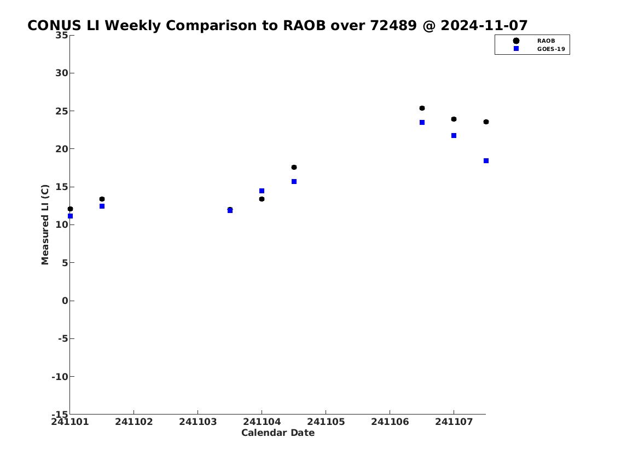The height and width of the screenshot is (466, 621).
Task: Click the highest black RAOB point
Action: (422, 108)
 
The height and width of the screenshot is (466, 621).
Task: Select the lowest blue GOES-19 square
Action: (70, 216)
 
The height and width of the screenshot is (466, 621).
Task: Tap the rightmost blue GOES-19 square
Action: (486, 161)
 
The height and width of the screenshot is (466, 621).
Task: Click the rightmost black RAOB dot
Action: (486, 122)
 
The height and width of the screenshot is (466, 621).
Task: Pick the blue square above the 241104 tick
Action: (262, 191)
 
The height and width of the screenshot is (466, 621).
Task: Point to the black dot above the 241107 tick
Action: (454, 119)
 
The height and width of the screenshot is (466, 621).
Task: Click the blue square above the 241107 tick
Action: (454, 135)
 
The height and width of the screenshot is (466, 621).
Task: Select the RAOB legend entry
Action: (545, 41)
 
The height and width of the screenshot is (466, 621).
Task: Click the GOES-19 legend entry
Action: (551, 49)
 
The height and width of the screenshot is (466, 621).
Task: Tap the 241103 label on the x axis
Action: (198, 422)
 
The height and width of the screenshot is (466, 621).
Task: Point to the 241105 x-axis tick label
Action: (326, 422)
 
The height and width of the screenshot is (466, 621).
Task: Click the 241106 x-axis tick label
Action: (390, 422)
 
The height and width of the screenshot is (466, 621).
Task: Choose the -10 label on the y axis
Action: (60, 376)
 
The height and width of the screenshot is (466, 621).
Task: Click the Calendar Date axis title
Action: (278, 433)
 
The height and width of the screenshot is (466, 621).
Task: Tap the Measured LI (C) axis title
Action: (45, 225)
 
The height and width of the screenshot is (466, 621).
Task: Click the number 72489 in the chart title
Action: (393, 25)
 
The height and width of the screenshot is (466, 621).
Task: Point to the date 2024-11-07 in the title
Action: (484, 25)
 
